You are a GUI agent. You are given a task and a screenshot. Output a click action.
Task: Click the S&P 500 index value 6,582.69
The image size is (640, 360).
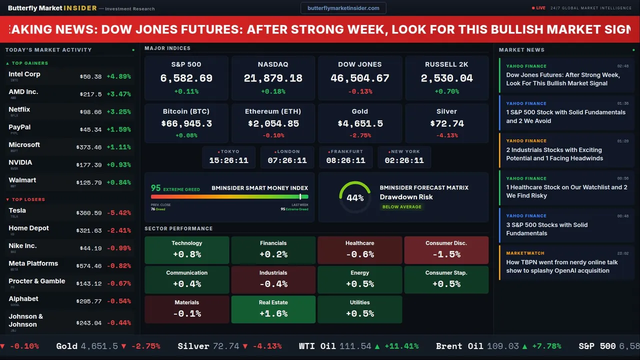point(186,78)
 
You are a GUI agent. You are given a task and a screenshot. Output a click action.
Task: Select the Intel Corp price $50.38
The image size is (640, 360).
point(90,77)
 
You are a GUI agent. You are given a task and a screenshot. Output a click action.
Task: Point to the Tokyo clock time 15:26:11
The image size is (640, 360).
point(228,160)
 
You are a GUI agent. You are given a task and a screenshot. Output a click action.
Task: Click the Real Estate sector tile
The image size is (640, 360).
point(273,309)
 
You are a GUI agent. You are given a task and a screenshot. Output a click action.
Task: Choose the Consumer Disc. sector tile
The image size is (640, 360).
point(446,249)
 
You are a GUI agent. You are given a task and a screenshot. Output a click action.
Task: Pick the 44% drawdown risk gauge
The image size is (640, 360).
point(355,197)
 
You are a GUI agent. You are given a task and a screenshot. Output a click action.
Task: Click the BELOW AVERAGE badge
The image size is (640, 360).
point(401,207)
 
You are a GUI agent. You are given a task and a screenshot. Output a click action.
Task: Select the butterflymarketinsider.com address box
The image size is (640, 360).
point(343,8)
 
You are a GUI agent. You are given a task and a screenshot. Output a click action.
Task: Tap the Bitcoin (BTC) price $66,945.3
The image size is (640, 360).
point(186,123)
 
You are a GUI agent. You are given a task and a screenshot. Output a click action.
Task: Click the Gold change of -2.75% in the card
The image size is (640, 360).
point(359,135)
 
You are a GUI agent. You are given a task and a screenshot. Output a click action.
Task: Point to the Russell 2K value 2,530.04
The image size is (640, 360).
point(446,78)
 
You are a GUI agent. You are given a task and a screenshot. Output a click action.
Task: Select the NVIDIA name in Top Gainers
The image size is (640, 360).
point(20,162)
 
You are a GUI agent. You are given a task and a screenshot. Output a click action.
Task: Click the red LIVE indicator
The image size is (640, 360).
point(539,8)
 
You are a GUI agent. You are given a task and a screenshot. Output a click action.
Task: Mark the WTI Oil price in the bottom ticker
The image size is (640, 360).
point(355,346)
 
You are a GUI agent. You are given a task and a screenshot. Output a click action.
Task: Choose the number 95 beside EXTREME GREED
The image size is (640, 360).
point(156,188)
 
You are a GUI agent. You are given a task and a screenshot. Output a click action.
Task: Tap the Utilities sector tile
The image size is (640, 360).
point(359,309)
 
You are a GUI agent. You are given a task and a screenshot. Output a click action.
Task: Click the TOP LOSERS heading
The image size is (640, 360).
point(28,199)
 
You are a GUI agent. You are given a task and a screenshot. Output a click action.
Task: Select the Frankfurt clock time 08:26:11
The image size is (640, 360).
point(345,160)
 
